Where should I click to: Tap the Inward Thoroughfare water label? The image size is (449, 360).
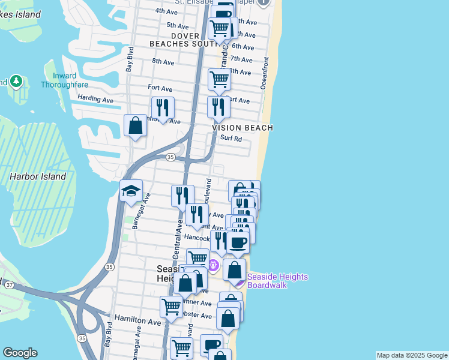coord(64,80)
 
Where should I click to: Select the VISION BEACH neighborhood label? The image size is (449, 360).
coord(243,128)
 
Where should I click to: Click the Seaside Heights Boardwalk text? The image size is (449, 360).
coord(278,281)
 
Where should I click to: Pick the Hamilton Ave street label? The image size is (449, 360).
coord(138,322)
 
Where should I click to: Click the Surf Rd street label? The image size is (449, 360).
coord(231,138)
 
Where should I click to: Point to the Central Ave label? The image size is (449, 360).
coord(178,239)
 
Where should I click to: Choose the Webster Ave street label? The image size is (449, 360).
coord(198,316)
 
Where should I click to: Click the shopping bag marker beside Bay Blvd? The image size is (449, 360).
coord(136,126)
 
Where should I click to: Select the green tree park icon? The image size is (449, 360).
coord(16,81)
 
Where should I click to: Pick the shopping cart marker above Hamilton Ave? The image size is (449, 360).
coord(171,307)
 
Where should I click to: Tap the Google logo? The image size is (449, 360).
coord(20,353)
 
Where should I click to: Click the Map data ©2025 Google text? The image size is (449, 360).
coord(412,355)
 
